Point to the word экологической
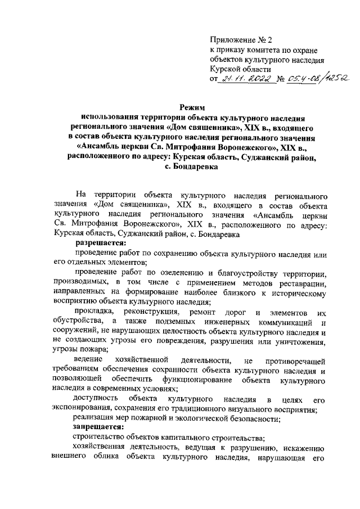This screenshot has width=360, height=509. click(x=208, y=418)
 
